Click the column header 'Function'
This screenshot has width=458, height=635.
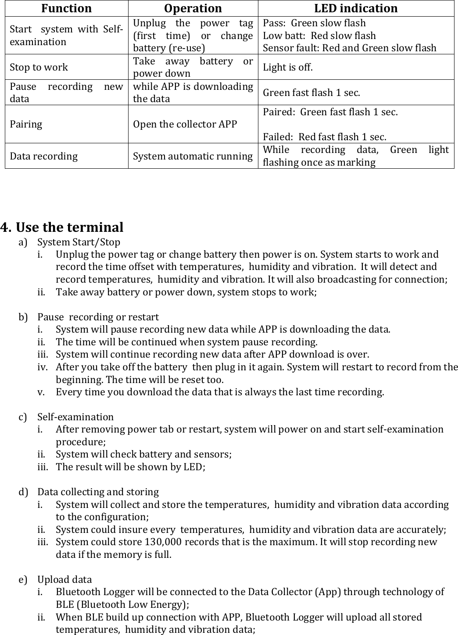click(67, 8)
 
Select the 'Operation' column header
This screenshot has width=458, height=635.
click(193, 8)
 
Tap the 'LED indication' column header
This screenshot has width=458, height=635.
click(356, 8)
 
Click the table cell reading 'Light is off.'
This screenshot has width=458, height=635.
click(288, 67)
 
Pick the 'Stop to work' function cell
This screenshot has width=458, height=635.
click(39, 67)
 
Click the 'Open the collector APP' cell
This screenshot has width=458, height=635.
click(185, 124)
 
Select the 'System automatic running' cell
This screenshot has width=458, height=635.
click(193, 156)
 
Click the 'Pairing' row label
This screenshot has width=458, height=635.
click(26, 124)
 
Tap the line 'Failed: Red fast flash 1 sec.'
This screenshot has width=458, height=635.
click(324, 137)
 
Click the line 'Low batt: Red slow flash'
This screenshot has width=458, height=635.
click(319, 35)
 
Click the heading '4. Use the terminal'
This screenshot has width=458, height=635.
click(62, 227)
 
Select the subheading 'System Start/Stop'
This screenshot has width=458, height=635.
click(79, 242)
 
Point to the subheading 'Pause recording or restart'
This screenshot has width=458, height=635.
click(98, 317)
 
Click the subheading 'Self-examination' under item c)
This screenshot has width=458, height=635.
click(75, 417)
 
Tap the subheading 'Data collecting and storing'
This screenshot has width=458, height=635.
click(98, 492)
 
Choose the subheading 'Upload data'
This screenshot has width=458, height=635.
click(64, 580)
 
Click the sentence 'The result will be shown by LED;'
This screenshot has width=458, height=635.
click(130, 467)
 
